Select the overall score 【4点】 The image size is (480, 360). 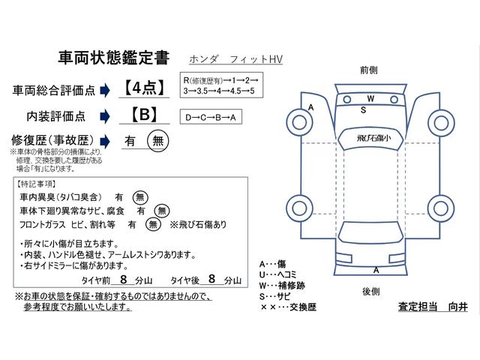click(142, 88)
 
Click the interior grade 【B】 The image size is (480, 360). click(142, 115)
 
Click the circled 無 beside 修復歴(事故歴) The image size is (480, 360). click(157, 140)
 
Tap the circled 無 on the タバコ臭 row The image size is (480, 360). click(140, 196)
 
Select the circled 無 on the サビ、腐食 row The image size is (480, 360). click(160, 210)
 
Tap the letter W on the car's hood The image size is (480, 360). click(370, 99)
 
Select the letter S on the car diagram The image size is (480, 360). click(364, 109)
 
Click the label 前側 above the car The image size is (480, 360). click(368, 69)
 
